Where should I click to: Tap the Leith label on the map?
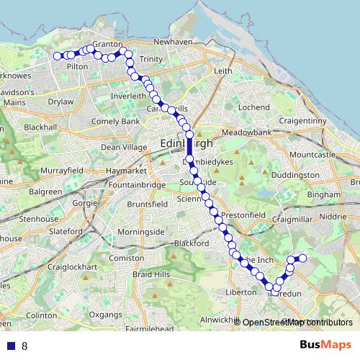222,71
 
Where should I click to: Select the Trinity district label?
151,59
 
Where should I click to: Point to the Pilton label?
77,66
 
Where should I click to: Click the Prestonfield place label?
239,215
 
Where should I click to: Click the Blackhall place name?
40,126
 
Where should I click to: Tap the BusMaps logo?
325,344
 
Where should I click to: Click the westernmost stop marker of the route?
57,55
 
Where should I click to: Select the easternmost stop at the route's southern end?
303,258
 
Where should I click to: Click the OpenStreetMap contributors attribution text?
297,323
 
